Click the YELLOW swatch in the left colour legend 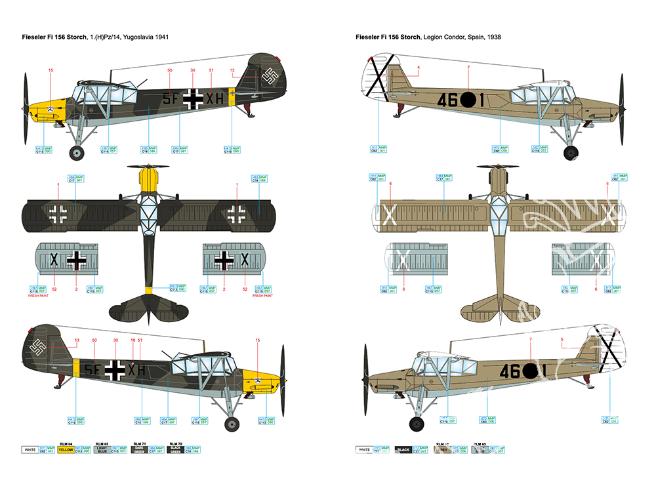(66, 451)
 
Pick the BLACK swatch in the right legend (403, 451)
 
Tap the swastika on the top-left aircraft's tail (270, 77)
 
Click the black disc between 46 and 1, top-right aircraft (468, 100)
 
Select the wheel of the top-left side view (77, 154)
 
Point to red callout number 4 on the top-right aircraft (418, 68)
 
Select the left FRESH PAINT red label (39, 296)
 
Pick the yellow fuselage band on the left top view (150, 290)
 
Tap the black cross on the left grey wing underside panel (77, 260)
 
